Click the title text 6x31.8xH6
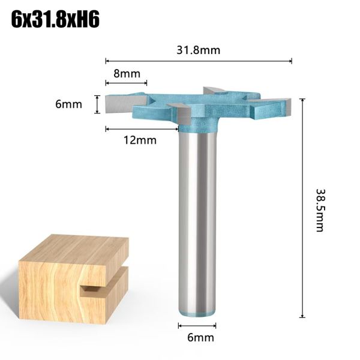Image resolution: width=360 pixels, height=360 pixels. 56,19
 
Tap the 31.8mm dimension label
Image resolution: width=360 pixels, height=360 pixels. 198,50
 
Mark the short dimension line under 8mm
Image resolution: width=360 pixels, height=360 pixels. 126,85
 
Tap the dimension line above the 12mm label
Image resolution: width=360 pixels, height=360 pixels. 142,128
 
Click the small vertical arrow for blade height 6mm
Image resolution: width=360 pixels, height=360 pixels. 97,104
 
